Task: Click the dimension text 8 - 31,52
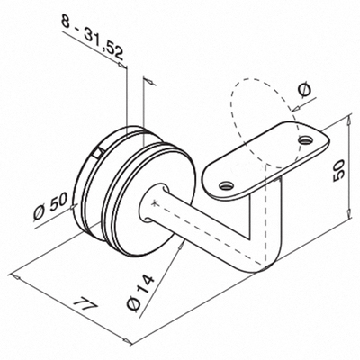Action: (x=93, y=37)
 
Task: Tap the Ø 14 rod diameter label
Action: (x=140, y=292)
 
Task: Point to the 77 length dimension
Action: (x=85, y=304)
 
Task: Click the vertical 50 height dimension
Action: (x=338, y=170)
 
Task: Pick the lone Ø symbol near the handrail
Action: (x=305, y=90)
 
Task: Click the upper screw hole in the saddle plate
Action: (x=306, y=139)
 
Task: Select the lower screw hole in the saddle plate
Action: (x=227, y=186)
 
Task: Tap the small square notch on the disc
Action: (x=97, y=153)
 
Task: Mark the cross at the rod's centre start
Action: (x=155, y=203)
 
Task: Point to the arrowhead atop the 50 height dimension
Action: (x=348, y=121)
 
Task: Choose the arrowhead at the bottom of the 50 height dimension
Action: (x=348, y=213)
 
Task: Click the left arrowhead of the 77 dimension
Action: (x=15, y=276)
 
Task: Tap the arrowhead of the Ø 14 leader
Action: (x=181, y=246)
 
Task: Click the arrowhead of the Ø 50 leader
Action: (x=74, y=207)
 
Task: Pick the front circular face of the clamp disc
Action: (x=150, y=200)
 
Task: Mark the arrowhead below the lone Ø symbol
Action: (x=294, y=108)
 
